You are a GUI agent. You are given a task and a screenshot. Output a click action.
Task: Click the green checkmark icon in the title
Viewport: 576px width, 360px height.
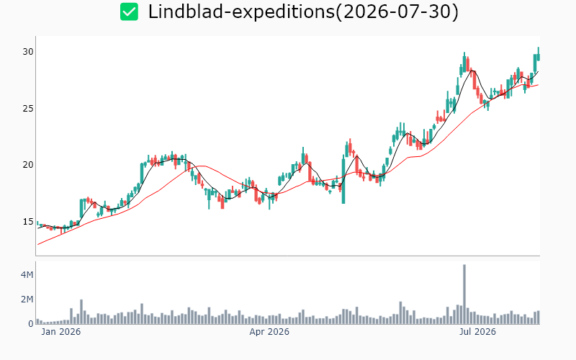[x=129, y=12]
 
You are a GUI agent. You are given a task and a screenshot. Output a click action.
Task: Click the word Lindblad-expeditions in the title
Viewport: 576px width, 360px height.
[x=241, y=12]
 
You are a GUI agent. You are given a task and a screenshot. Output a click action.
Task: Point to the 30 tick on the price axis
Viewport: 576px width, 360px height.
[x=28, y=52]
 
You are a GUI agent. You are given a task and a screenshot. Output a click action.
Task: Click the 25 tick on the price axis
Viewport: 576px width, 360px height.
[x=28, y=109]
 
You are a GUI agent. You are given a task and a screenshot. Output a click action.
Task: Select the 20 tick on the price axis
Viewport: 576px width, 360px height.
[x=28, y=165]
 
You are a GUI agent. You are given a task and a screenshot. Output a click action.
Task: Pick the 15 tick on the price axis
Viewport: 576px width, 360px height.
[x=28, y=222]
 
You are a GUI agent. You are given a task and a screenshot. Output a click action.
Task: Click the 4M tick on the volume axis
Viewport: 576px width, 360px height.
[x=27, y=274]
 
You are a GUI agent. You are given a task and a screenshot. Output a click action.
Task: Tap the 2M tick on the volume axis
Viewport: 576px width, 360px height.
[x=27, y=299]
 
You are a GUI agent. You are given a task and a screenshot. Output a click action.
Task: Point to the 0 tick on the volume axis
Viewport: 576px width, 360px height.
[x=31, y=323]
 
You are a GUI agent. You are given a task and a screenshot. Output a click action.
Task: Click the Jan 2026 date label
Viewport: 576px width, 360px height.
[x=60, y=332]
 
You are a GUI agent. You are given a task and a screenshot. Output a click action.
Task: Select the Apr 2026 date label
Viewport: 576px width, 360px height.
[x=269, y=332]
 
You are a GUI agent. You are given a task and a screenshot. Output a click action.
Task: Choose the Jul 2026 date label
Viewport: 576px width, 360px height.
[x=477, y=332]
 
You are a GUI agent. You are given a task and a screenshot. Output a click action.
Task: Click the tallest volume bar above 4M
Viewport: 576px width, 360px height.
[x=464, y=294]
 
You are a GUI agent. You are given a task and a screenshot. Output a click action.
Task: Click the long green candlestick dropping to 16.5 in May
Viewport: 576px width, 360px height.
[x=343, y=179]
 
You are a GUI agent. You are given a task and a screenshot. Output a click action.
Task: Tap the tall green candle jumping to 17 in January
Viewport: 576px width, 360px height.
[x=81, y=209]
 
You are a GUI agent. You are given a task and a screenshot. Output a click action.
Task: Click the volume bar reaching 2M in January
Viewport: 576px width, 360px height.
[x=81, y=312]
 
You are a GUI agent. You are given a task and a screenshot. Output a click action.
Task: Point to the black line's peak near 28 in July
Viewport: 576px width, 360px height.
[x=472, y=71]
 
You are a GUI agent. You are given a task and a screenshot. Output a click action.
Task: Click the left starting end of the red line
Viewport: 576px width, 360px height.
[x=38, y=245]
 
